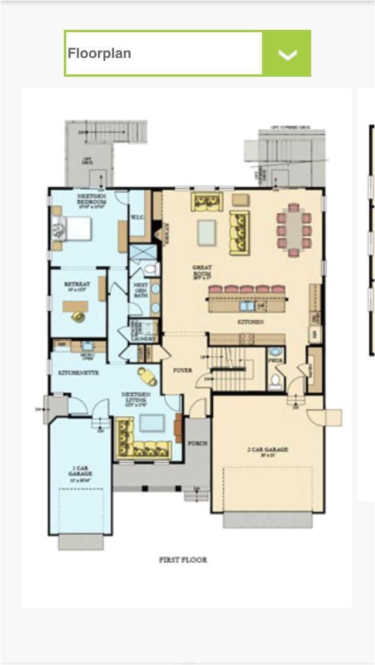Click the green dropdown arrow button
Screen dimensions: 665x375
tap(287, 54)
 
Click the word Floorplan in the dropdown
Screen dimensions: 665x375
tap(100, 54)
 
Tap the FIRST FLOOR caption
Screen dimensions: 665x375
tap(183, 560)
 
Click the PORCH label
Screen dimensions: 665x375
tap(197, 443)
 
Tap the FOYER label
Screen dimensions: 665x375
tap(182, 371)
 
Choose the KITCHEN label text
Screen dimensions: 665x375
tap(250, 322)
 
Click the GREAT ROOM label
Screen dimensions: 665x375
tap(202, 271)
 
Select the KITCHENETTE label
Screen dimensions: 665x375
tap(78, 372)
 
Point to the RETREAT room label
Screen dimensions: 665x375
tap(77, 286)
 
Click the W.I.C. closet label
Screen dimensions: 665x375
tap(137, 217)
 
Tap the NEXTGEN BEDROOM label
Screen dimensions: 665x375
tap(91, 198)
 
